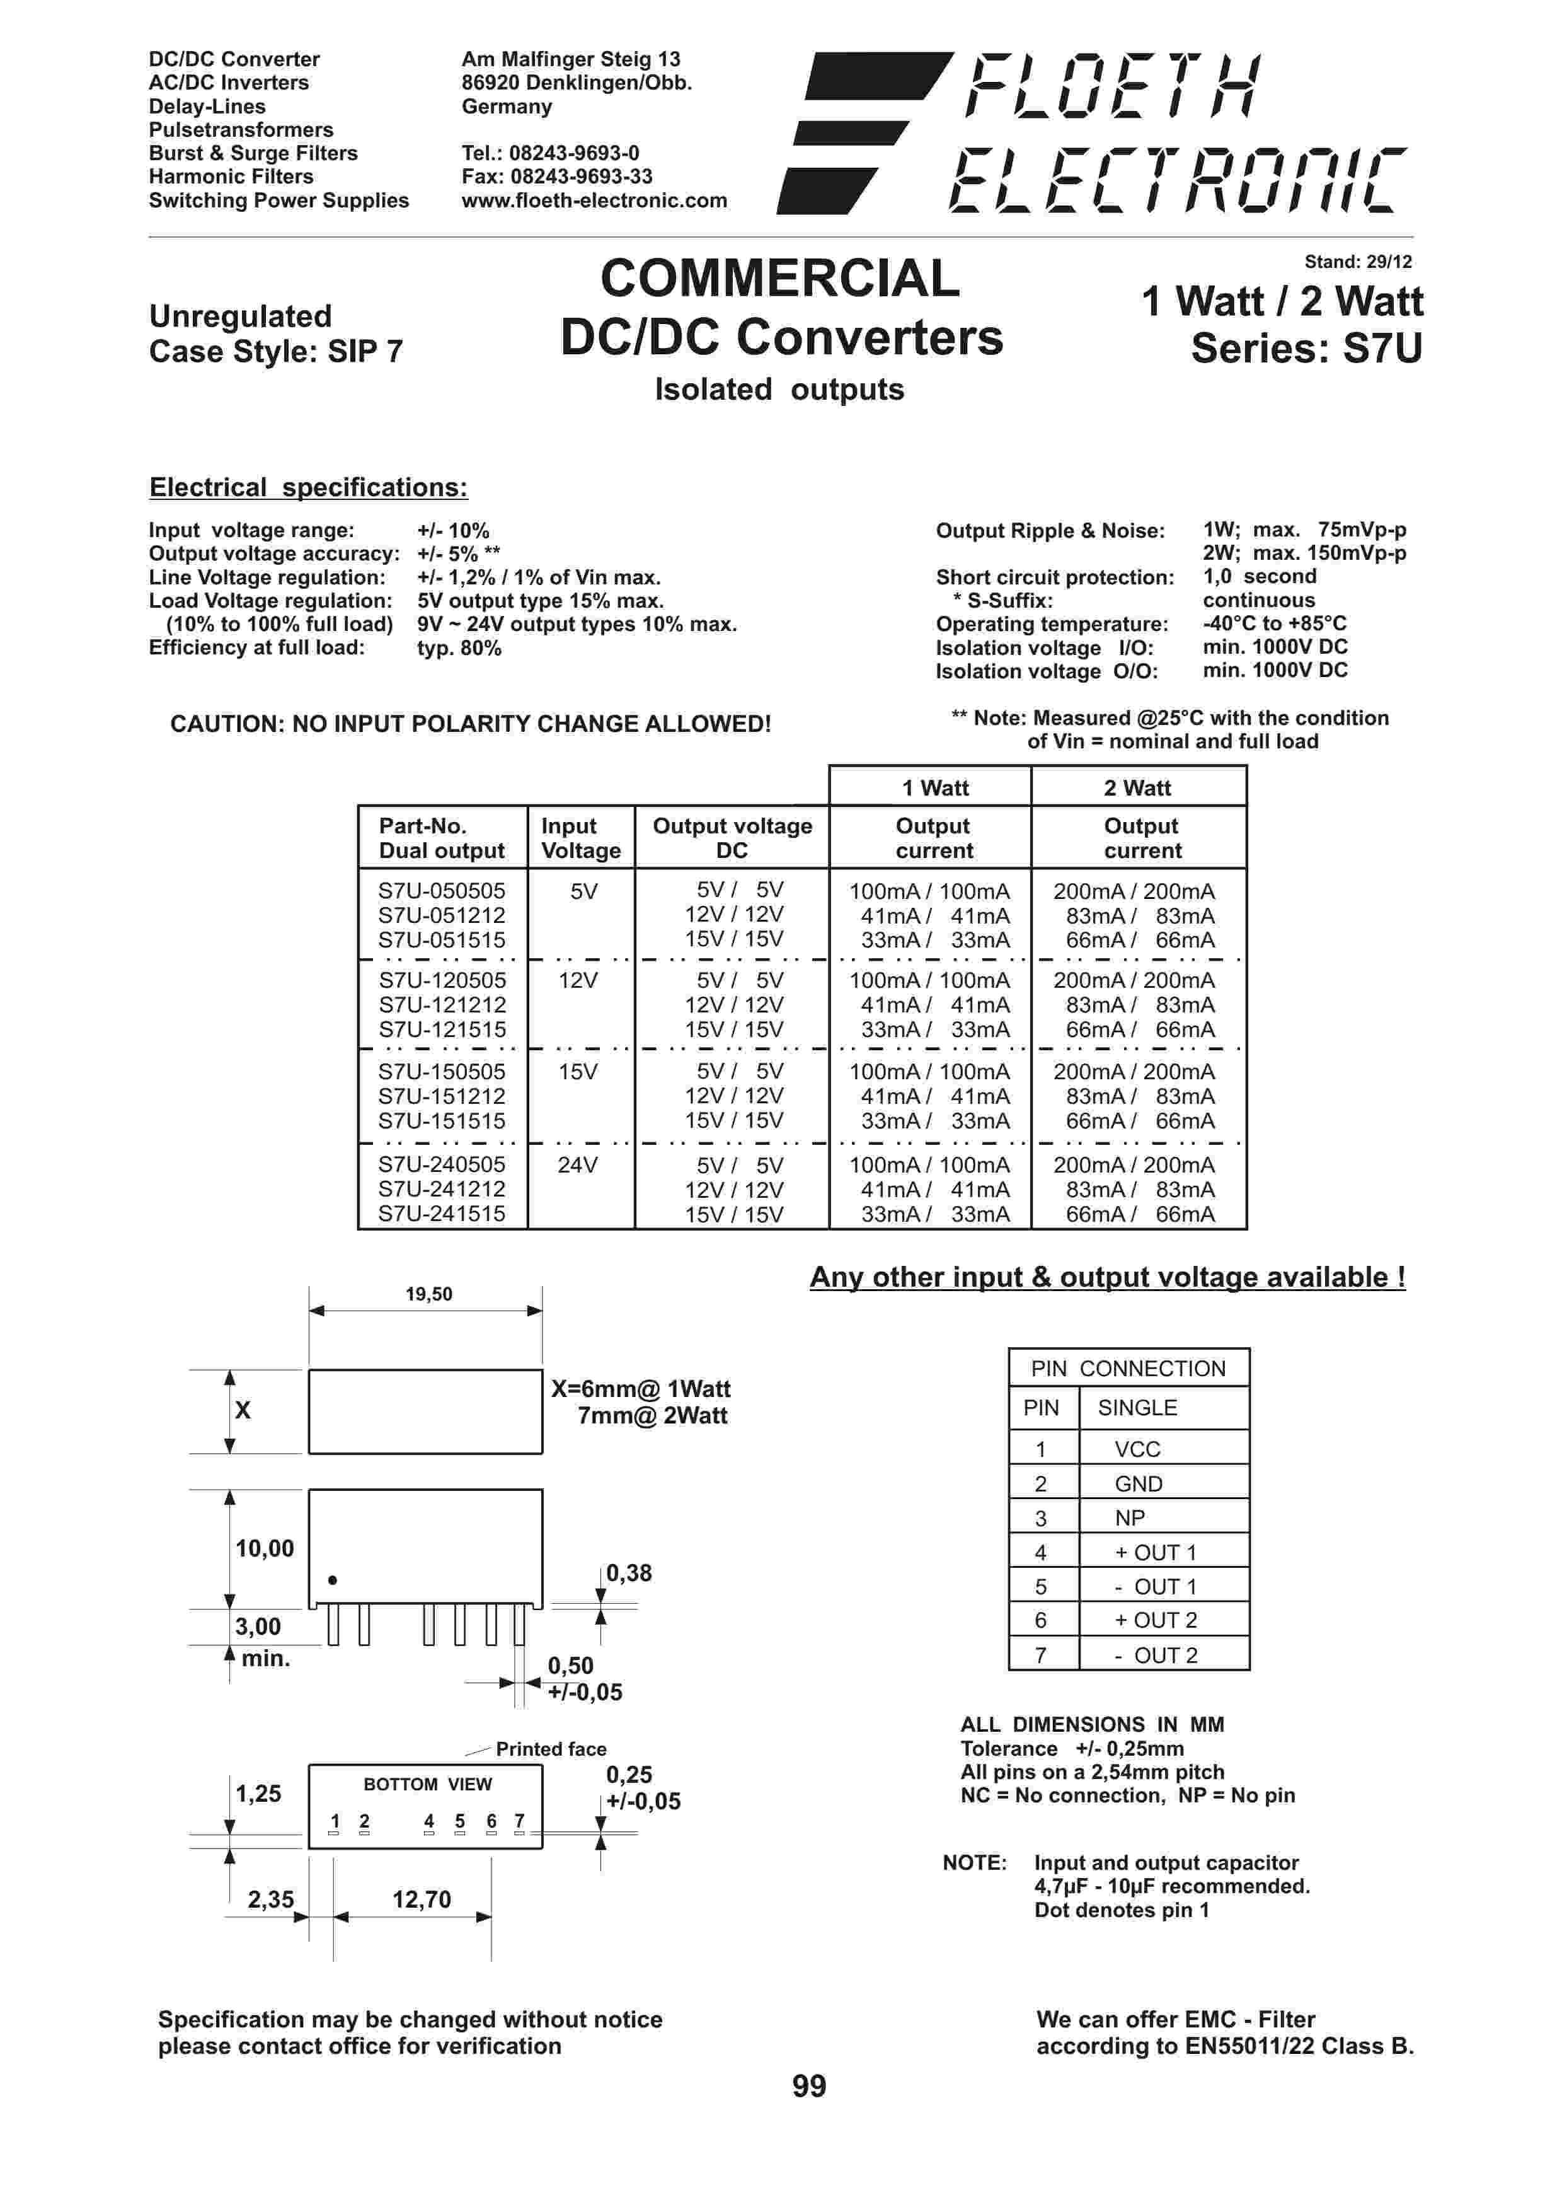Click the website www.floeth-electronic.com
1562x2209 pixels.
(594, 200)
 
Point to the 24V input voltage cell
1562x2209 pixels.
(577, 1165)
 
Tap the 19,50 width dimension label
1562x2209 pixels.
(428, 1294)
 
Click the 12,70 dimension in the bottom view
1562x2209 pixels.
(422, 1899)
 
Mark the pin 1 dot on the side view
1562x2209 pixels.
(333, 1580)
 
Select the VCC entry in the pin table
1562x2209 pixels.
(1137, 1449)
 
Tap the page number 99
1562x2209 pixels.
(809, 2086)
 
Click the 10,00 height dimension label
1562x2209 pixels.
(265, 1548)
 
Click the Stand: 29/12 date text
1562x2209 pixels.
(1357, 262)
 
